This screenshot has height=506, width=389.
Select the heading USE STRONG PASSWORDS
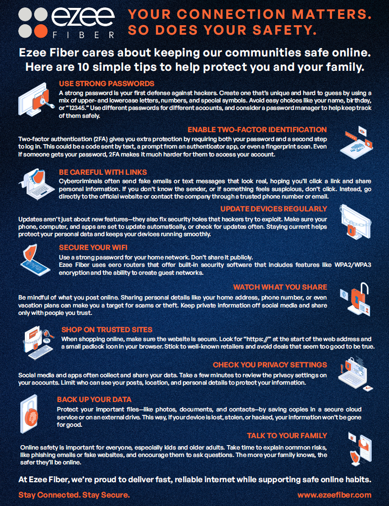106,84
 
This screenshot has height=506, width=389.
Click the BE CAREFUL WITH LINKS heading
102,172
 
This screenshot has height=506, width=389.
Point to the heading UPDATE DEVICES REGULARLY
273,209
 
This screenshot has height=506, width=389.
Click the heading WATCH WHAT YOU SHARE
280,287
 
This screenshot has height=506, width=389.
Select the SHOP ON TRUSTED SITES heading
106,329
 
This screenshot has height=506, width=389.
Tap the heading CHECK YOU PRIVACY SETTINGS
270,365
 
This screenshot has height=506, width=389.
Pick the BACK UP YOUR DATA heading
94,400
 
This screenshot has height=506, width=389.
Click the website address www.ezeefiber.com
334,495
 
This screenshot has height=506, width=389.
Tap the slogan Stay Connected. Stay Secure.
74,495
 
